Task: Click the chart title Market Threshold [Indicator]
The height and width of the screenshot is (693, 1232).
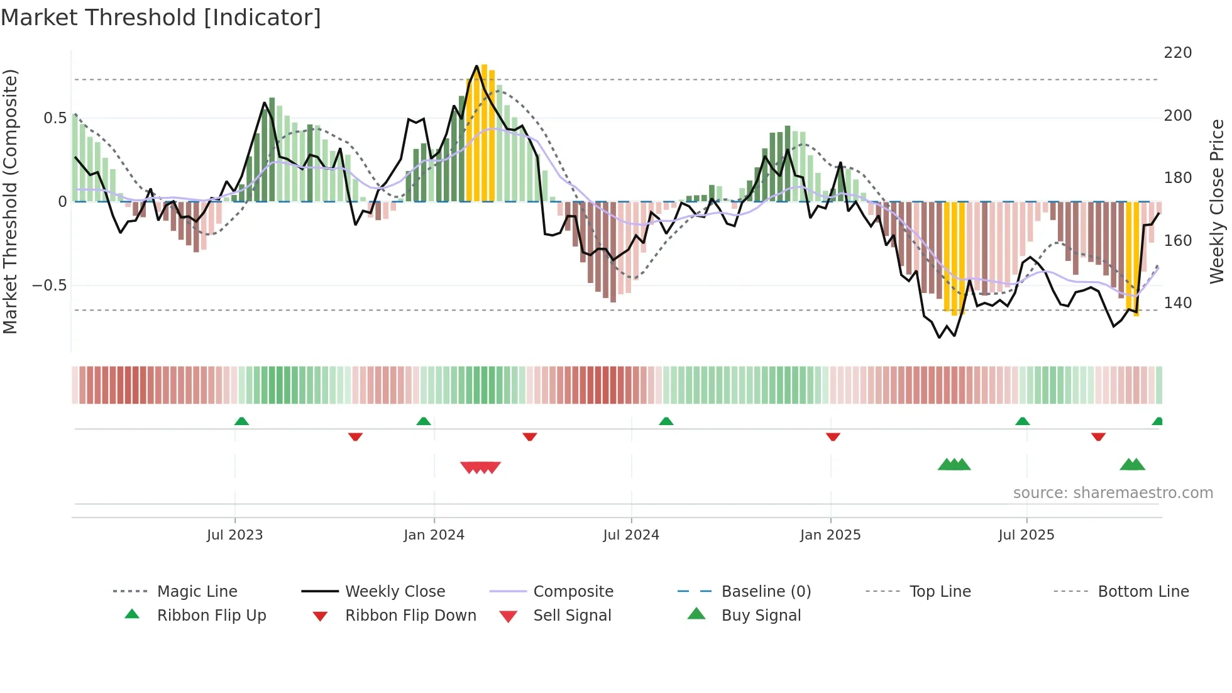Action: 161,18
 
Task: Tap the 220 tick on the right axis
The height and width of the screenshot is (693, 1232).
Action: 1177,53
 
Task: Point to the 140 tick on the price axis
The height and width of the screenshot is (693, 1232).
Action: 1177,303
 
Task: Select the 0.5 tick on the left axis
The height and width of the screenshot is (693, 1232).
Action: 55,118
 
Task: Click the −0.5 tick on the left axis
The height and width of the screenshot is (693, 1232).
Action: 50,286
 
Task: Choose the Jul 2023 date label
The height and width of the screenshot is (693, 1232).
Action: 234,535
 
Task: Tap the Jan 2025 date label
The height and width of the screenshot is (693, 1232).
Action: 830,535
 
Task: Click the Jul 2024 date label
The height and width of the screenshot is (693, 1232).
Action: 630,535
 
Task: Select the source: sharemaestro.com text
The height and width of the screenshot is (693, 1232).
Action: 1113,493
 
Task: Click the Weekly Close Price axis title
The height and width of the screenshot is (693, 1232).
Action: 1217,201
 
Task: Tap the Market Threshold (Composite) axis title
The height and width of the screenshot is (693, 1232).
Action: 10,201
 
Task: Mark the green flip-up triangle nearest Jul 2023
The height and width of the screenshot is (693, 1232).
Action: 241,421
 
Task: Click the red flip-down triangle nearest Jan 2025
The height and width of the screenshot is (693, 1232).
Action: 833,436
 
